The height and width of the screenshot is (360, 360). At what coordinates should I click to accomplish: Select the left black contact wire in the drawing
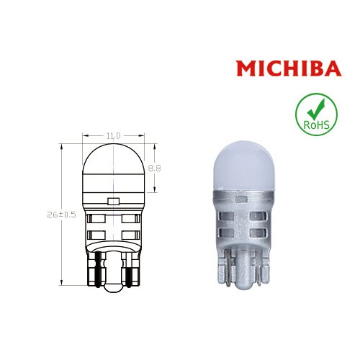(95, 268)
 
